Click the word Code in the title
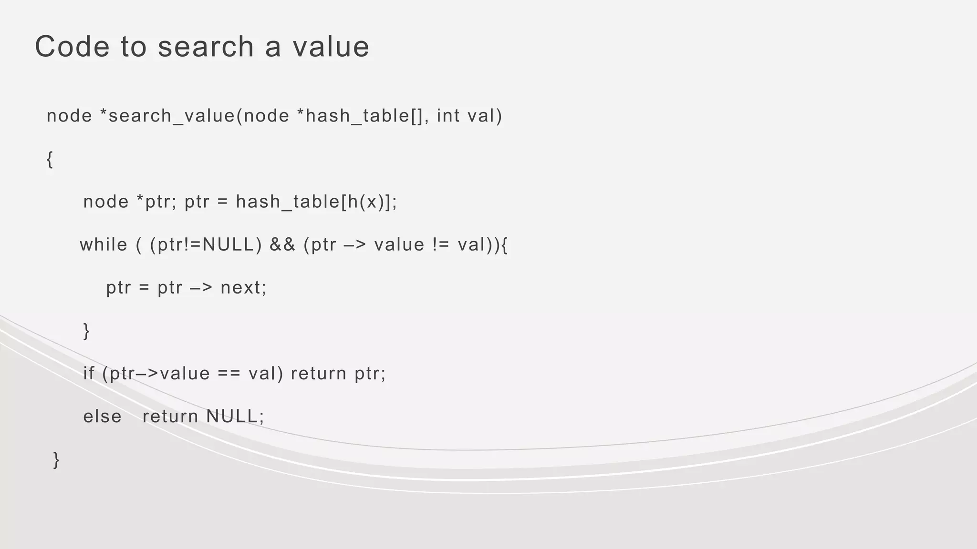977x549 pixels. click(72, 47)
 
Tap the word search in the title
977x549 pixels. click(206, 47)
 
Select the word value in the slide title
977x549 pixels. click(331, 47)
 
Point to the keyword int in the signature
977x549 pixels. click(448, 116)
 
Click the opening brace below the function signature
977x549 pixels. click(50, 159)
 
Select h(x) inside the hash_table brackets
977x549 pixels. click(366, 202)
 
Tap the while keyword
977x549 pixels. click(104, 245)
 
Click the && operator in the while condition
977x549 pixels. click(282, 245)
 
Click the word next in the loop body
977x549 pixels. click(240, 288)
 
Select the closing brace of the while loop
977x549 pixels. click(86, 331)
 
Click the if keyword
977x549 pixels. click(89, 374)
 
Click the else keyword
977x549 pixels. click(102, 417)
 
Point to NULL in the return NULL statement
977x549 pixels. click(232, 417)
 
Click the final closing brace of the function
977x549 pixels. click(56, 460)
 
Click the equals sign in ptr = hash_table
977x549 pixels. click(222, 203)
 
